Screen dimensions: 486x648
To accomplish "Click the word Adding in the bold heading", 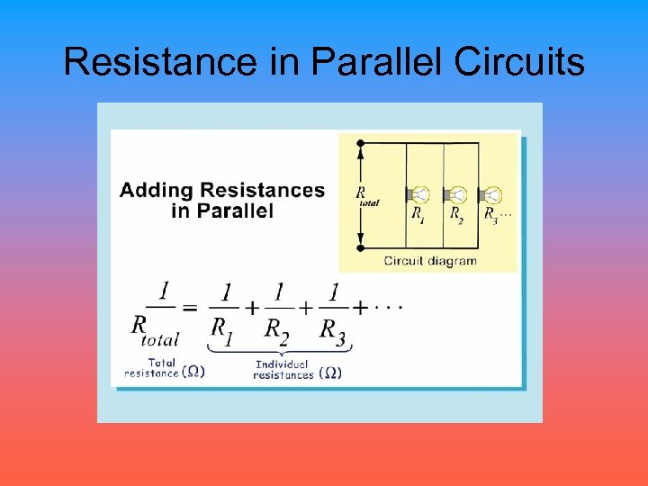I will pos(157,191).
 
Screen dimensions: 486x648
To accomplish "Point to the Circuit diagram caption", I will pos(430,261).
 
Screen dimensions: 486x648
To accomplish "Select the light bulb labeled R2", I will pos(457,195).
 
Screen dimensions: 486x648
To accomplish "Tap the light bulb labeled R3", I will pos(492,195).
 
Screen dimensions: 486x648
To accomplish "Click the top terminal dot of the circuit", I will pos(360,143).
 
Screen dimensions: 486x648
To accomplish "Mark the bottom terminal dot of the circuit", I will pos(360,247).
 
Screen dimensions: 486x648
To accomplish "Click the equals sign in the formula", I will pos(190,308).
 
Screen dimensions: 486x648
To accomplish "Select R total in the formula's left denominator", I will pos(155,330).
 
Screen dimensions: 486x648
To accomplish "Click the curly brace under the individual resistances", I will pos(280,348).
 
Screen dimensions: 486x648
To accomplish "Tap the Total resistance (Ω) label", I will pos(165,368).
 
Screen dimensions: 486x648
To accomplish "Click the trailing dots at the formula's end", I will pos(388,307).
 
